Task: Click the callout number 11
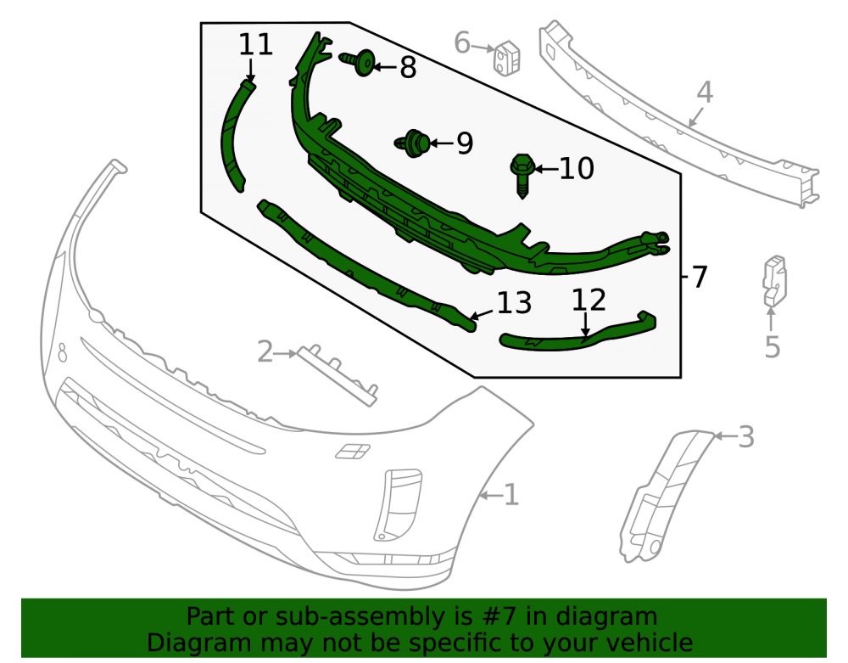(x=255, y=44)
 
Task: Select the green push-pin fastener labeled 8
(x=359, y=62)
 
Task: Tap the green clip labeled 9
(x=413, y=143)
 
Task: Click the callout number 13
(x=514, y=303)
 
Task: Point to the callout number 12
(x=589, y=300)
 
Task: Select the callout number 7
(x=700, y=277)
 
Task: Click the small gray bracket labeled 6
(x=507, y=57)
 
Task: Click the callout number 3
(x=746, y=437)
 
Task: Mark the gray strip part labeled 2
(x=338, y=374)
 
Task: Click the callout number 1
(x=511, y=495)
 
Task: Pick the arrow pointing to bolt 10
(x=546, y=170)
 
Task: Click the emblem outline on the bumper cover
(x=353, y=451)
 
